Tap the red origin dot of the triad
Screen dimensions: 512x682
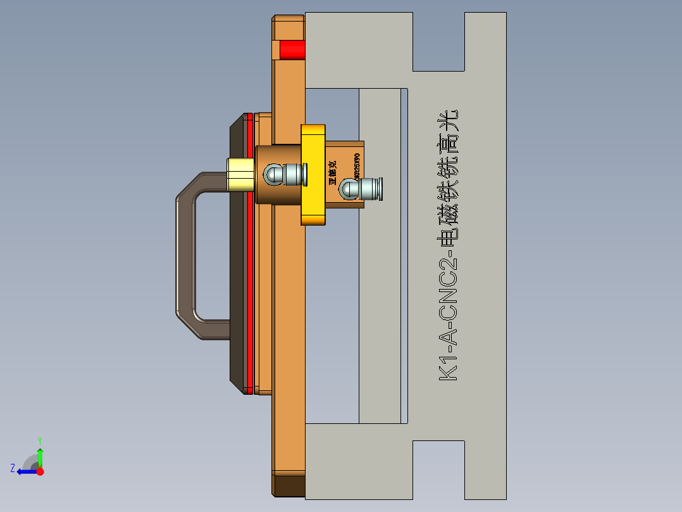(x=40, y=471)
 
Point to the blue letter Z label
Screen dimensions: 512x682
(x=13, y=468)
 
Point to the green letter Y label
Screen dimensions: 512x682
(x=39, y=439)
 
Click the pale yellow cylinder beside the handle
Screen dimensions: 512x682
(x=240, y=175)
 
